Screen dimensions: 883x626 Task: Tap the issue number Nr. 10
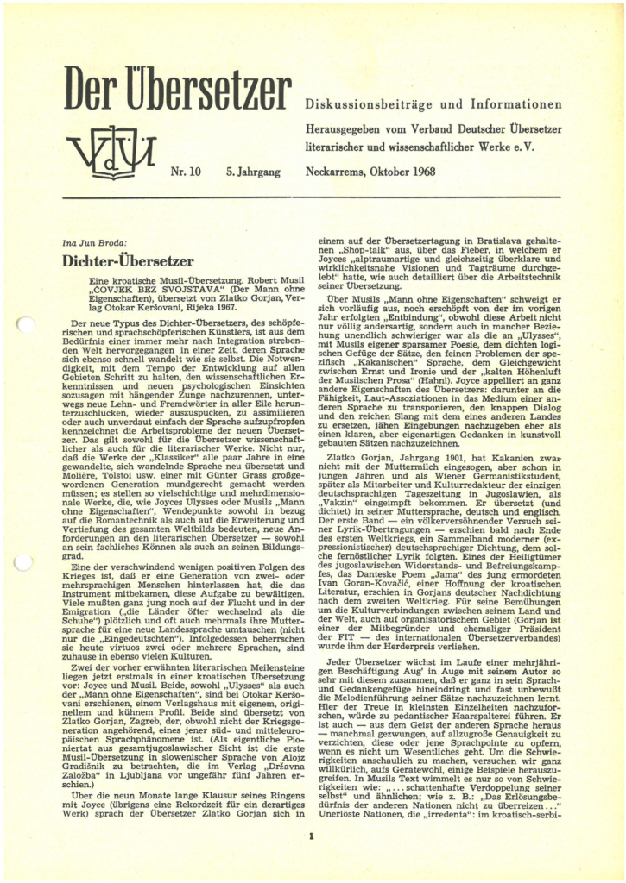[x=186, y=172]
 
